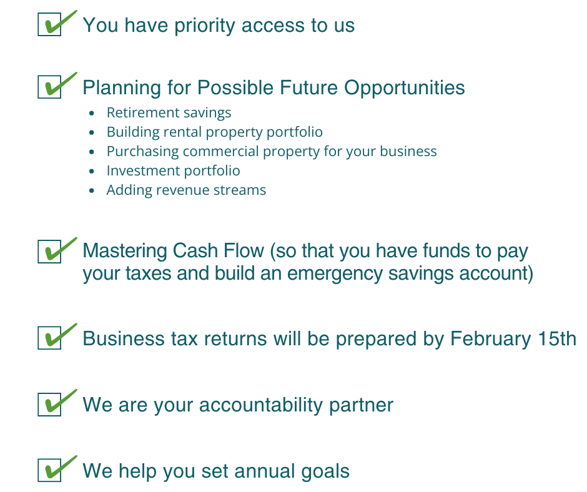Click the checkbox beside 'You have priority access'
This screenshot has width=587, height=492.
49,24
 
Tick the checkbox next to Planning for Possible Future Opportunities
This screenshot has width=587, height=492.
49,87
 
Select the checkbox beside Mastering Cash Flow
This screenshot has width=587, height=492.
49,252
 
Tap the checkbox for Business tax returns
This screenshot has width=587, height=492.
49,338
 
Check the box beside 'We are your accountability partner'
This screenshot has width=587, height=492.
49,405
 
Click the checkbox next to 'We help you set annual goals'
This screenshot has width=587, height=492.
49,470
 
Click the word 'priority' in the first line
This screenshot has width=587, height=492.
205,26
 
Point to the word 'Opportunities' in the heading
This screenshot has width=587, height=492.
404,89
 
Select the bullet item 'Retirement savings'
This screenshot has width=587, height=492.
169,113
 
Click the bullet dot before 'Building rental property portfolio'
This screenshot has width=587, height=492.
92,132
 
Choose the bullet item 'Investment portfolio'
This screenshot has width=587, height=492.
174,170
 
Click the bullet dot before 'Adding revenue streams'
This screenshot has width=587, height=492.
92,190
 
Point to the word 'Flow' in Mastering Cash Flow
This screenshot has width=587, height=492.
244,250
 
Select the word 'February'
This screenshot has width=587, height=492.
490,340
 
